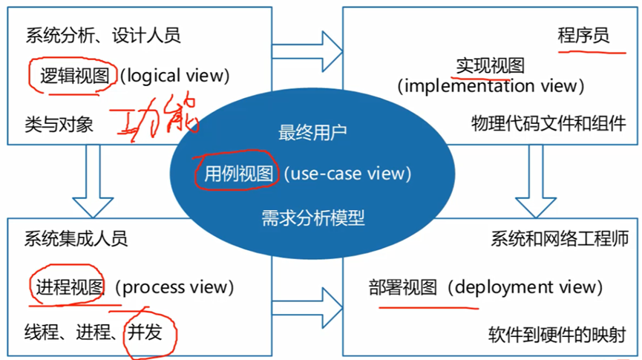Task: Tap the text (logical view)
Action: click(175, 75)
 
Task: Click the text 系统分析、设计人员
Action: click(103, 35)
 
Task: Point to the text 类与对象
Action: click(59, 124)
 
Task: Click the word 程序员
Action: click(583, 35)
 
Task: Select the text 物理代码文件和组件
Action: click(548, 123)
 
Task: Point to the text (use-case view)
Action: click(347, 174)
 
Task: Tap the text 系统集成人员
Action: click(76, 239)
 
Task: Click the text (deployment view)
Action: click(525, 287)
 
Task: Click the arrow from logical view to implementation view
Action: click(307, 50)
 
